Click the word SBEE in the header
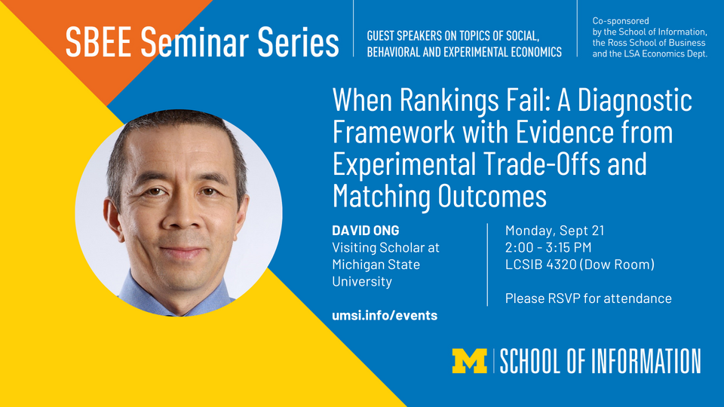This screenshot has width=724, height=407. click(x=98, y=42)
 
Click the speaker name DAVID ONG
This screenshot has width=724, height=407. click(x=366, y=231)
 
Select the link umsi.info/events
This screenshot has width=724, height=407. click(x=385, y=315)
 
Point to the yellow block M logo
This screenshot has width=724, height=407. click(x=469, y=361)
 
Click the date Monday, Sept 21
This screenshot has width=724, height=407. click(x=554, y=231)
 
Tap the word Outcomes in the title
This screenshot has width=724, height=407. click(x=492, y=196)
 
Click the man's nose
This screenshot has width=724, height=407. click(x=183, y=213)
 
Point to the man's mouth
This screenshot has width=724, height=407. click(x=182, y=252)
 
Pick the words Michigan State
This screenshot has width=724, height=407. click(x=376, y=265)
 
